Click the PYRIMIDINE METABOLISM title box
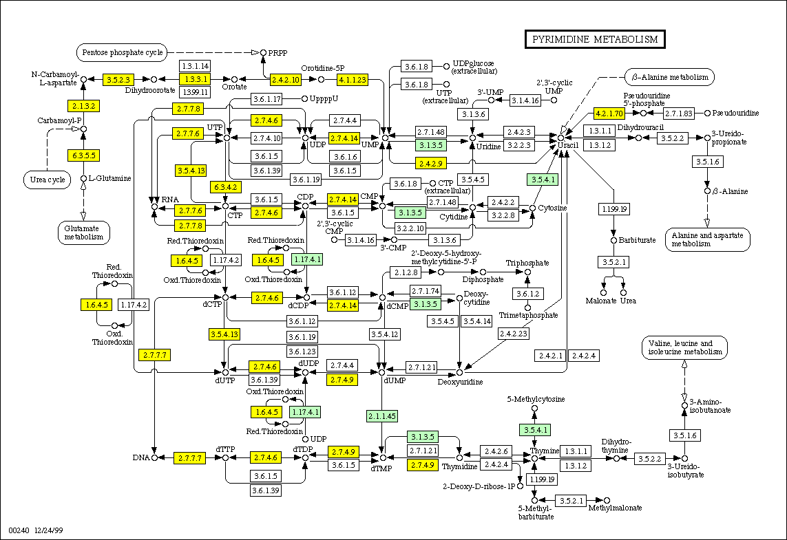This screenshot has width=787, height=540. coord(596,39)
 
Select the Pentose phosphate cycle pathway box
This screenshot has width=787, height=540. coord(122,52)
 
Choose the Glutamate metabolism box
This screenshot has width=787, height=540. coord(83,233)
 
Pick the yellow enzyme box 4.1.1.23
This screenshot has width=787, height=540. coord(352,80)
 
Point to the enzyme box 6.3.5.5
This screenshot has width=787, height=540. coord(83,155)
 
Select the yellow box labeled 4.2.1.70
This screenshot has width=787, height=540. coord(609,113)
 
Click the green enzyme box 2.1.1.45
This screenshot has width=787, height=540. coord(381,415)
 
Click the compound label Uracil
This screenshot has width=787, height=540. coord(567,147)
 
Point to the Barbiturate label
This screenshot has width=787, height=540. coord(637,240)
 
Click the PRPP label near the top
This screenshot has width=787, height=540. coord(278,52)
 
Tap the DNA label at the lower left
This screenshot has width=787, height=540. coord(140,457)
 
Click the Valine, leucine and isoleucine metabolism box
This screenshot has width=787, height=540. coord(684,347)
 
